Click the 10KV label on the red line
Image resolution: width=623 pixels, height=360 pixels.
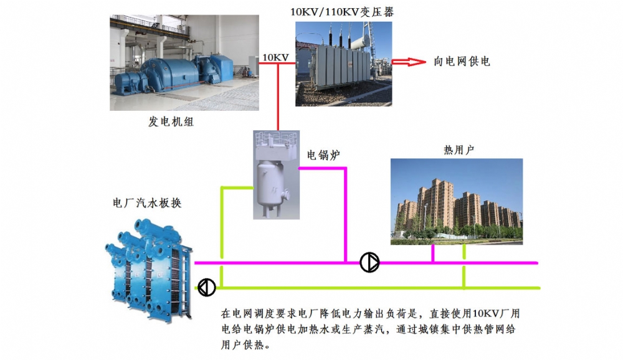coord(275,57)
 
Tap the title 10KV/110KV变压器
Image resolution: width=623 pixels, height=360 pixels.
coord(343,11)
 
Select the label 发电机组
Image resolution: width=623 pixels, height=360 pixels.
coord(171,122)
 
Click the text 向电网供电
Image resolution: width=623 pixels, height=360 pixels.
coord(462,62)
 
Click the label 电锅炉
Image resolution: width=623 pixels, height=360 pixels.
coord(323,154)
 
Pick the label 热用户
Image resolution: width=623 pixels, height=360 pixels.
coord(460,150)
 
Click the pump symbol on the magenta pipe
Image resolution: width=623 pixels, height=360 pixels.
coord(369,263)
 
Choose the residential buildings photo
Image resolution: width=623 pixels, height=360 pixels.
coord(456,201)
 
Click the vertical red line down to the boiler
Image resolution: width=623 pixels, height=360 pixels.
coord(277,97)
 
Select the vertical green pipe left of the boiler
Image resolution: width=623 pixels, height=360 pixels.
coord(222,237)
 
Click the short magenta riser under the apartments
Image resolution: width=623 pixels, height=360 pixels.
coord(433,253)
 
